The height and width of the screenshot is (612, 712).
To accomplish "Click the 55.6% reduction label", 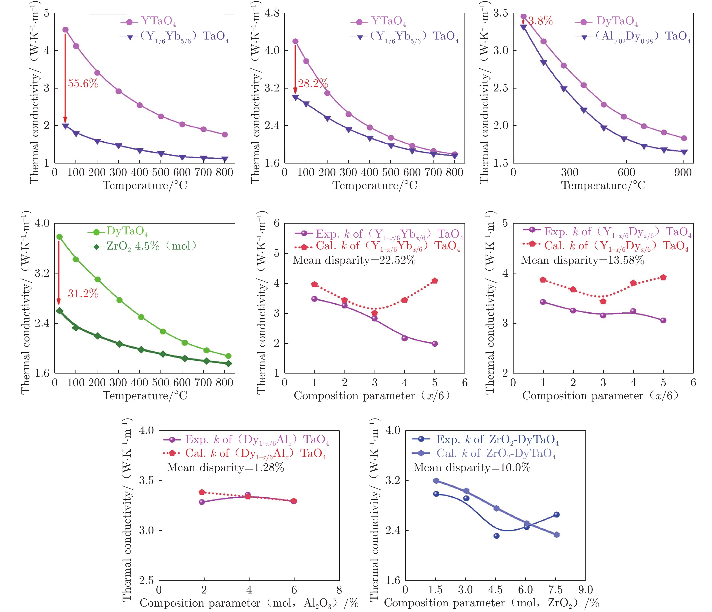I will (83, 83).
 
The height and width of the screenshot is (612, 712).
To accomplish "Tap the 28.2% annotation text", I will (313, 83).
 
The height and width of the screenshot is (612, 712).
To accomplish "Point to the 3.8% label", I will (540, 21).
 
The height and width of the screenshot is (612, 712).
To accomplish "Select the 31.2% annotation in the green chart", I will (83, 294).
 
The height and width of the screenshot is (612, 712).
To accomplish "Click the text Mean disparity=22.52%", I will (354, 260).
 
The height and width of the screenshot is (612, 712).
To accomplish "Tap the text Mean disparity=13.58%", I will (582, 260).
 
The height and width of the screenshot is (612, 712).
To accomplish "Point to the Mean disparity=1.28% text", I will (225, 467).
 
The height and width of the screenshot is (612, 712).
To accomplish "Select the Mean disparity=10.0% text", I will (472, 467).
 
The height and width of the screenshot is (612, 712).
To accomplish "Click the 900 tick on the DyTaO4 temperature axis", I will (682, 172).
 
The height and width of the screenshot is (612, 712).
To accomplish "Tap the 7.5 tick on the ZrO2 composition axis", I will (556, 590).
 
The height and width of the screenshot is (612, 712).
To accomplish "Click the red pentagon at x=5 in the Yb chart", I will (435, 281).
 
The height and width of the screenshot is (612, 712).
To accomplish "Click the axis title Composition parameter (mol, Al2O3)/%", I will (249, 603).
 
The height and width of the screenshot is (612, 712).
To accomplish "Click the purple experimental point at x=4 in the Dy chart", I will (633, 311).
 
